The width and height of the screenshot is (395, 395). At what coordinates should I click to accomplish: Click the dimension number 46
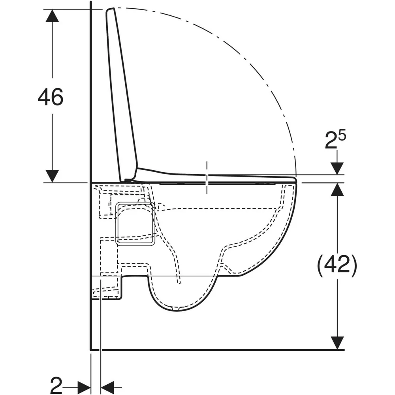tap(51, 97)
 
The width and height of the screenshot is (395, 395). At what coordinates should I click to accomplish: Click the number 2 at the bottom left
tap(56, 385)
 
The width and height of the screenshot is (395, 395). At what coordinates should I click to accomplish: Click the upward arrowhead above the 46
tap(53, 16)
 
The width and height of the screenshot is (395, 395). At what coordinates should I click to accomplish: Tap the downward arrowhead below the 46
tap(53, 176)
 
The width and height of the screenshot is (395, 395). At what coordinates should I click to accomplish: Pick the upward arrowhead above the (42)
tap(337, 189)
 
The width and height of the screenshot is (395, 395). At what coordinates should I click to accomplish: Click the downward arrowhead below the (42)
tap(337, 343)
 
